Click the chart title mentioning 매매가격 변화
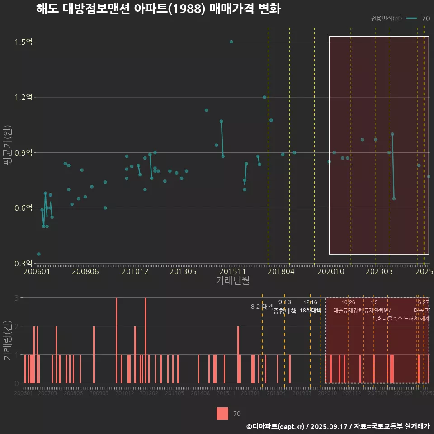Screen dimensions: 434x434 (158, 9)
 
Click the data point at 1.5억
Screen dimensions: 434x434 (231, 42)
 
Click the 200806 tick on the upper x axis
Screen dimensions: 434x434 (85, 272)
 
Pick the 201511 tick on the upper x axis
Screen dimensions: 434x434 (231, 272)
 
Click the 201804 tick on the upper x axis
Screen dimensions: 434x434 (280, 272)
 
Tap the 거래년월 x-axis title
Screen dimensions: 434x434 (232, 281)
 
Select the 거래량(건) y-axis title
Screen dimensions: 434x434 (7, 340)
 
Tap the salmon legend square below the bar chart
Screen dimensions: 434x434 (222, 413)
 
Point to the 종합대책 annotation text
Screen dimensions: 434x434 (285, 311)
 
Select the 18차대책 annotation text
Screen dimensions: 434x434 (310, 311)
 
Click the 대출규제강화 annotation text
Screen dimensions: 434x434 (348, 311)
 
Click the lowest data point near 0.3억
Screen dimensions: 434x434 (39, 254)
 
